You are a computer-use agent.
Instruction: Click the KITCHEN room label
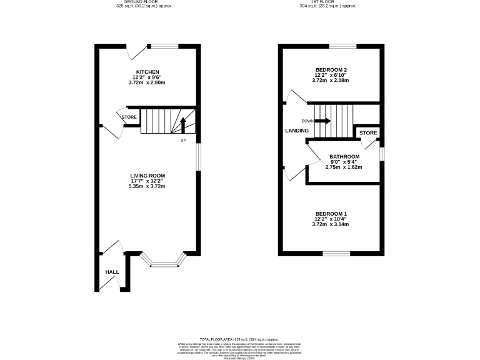point(147,72)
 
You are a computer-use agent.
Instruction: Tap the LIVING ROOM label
point(147,175)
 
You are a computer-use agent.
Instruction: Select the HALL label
point(112,272)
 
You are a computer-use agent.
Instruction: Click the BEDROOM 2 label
point(331,69)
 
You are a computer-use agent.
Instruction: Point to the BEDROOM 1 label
point(331,213)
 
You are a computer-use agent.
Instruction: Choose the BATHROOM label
point(344,156)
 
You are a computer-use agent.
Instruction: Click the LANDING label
point(296,131)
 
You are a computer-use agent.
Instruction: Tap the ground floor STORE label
point(129,117)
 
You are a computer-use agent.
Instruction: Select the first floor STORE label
point(368,132)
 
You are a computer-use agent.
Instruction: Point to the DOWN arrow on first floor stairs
point(323,121)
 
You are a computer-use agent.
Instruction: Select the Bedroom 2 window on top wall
point(342,46)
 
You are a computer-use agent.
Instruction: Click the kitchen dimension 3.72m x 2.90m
point(147,82)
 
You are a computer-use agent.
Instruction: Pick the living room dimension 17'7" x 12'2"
point(147,181)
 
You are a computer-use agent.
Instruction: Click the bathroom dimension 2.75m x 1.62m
point(344,167)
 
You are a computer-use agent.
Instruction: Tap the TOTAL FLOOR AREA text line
point(240,337)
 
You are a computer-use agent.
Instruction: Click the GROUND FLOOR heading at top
point(144,2)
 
